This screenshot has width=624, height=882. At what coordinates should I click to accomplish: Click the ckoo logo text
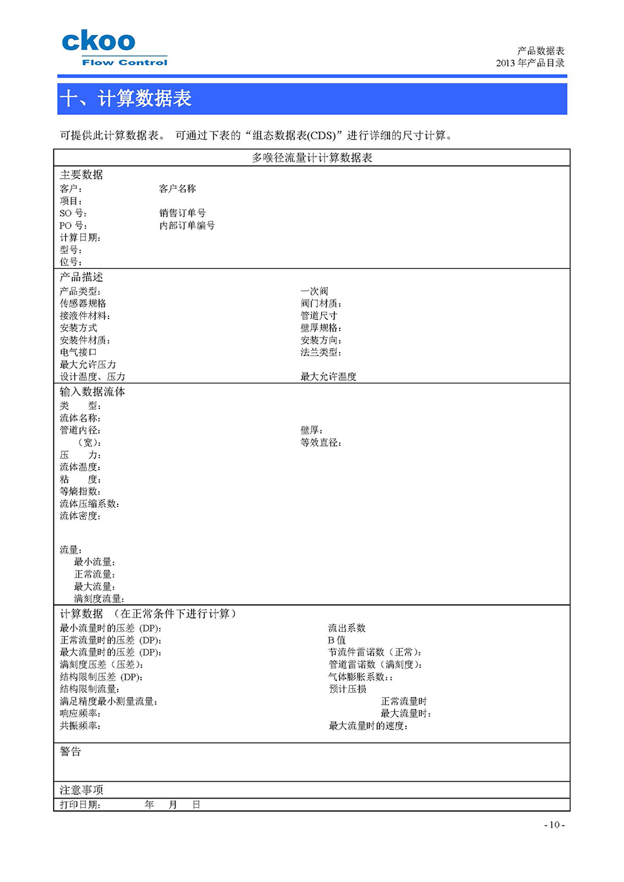(99, 41)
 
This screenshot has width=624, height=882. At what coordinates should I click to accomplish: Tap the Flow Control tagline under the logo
(125, 62)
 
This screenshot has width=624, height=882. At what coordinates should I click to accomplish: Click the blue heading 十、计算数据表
(125, 99)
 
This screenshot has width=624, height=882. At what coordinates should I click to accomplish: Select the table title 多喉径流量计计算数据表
(312, 158)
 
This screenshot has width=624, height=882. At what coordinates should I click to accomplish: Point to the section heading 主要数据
(81, 175)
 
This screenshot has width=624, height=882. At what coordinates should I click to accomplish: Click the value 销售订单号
(182, 213)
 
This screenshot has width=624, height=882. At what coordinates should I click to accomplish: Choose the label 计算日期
(80, 238)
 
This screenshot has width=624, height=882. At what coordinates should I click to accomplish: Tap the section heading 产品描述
(81, 277)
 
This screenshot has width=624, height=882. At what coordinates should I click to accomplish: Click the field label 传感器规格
(83, 303)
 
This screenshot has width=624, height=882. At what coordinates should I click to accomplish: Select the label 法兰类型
(321, 352)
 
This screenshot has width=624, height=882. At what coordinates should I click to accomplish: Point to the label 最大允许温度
(328, 376)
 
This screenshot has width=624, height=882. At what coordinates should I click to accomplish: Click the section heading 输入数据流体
(93, 391)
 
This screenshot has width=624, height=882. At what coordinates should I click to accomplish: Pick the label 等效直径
(321, 443)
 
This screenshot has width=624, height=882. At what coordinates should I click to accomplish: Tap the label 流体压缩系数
(89, 504)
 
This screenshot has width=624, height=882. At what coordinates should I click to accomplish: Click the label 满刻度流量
(99, 598)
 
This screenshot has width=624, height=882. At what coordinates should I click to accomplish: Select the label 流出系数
(347, 628)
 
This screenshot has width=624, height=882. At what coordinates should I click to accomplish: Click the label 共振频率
(80, 726)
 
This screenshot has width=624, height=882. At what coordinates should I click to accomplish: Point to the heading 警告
(70, 751)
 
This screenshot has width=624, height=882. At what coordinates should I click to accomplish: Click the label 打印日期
(80, 805)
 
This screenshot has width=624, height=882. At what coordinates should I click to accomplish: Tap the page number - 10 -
(554, 825)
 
